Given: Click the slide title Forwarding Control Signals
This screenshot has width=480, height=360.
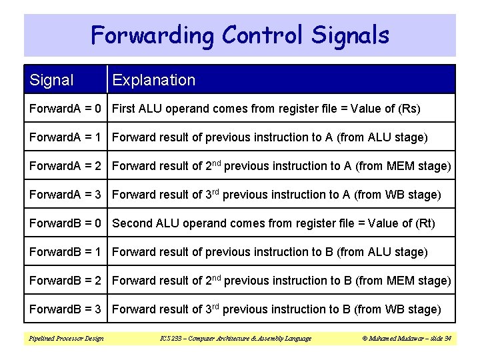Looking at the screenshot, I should pyautogui.click(x=240, y=35).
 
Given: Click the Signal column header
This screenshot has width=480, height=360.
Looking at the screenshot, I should pyautogui.click(x=52, y=81).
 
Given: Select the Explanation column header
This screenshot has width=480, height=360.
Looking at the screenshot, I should pyautogui.click(x=154, y=81).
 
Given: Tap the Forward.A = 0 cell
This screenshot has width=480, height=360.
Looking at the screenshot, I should pyautogui.click(x=65, y=109).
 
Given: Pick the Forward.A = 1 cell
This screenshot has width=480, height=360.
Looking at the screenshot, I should pyautogui.click(x=65, y=137).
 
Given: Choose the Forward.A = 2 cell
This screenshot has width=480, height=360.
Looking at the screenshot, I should pyautogui.click(x=65, y=166).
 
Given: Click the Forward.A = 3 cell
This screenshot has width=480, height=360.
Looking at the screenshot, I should pyautogui.click(x=65, y=195).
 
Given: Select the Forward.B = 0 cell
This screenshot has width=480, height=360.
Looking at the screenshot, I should pyautogui.click(x=65, y=223).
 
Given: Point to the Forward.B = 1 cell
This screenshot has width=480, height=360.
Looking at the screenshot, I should pyautogui.click(x=65, y=252).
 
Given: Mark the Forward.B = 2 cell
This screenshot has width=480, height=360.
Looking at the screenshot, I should pyautogui.click(x=65, y=281).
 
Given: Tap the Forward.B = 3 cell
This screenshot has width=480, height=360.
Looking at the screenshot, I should pyautogui.click(x=65, y=309).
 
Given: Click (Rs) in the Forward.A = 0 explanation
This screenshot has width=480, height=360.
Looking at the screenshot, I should pyautogui.click(x=407, y=109).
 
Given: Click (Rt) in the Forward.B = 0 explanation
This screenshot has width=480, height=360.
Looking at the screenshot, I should pyautogui.click(x=423, y=223).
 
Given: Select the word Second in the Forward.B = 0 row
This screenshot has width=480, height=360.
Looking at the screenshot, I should pyautogui.click(x=132, y=223).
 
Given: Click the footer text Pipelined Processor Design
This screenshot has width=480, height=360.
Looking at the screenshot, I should pyautogui.click(x=66, y=339).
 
